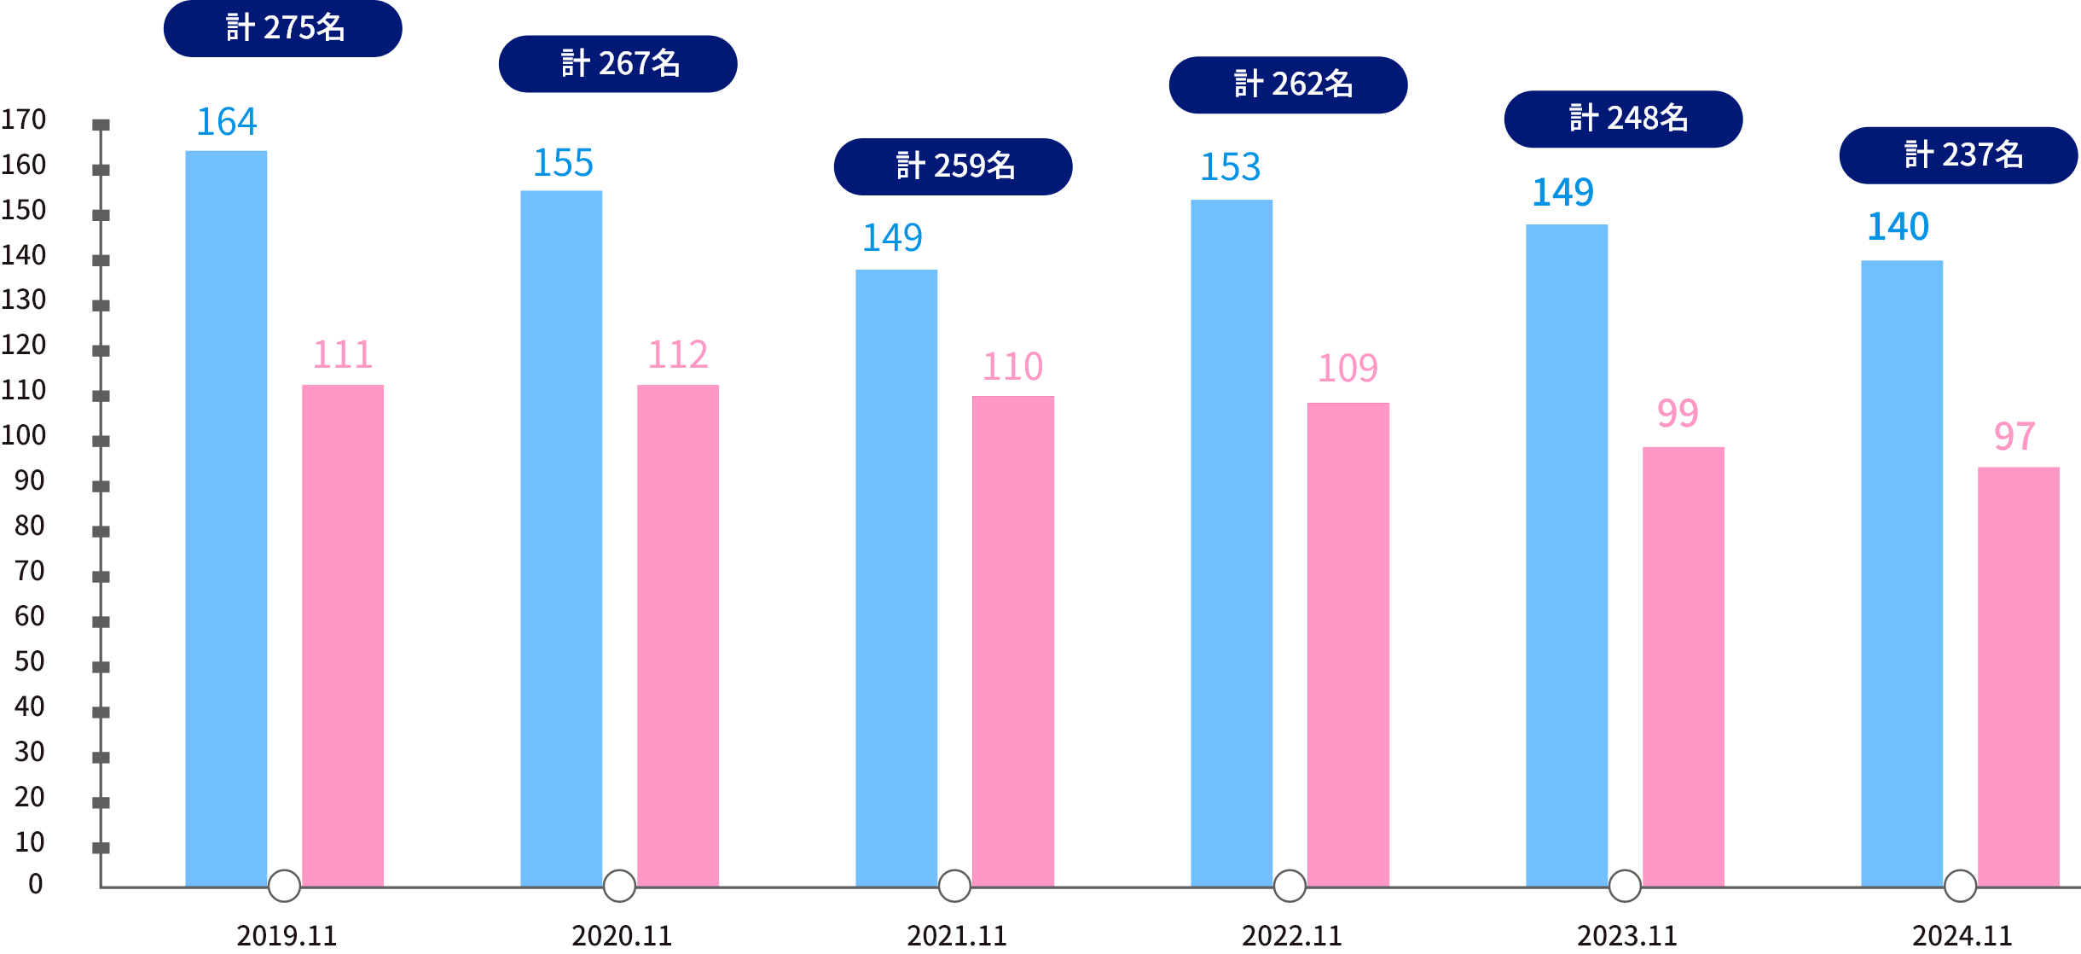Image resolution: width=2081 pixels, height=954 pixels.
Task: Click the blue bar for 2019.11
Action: point(226,518)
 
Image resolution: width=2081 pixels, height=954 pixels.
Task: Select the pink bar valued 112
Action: point(678,635)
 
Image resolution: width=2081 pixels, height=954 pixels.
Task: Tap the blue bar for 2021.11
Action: point(896,577)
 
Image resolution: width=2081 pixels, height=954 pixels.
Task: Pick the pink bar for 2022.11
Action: point(1348,644)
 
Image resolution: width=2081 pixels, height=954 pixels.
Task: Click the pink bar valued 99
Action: point(1684,666)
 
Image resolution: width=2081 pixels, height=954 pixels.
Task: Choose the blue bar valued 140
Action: point(1902,573)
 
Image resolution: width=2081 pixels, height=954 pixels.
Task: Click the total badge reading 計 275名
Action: point(283,28)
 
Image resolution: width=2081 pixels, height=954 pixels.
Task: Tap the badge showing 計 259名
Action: point(953,166)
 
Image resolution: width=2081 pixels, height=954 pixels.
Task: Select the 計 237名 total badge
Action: point(1958,155)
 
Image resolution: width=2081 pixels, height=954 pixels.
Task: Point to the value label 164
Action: point(227,122)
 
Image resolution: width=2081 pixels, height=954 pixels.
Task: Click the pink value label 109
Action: point(1348,369)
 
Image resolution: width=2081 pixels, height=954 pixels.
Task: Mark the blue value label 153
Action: point(1230,167)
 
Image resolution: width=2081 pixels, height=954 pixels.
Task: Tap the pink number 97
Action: point(2014,437)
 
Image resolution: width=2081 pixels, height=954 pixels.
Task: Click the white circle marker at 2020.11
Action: point(619,886)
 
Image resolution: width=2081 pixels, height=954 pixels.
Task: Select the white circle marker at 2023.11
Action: point(1625,886)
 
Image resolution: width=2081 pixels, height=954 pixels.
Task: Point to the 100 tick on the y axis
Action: point(24,436)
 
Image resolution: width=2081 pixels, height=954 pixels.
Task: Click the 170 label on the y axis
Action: point(24,119)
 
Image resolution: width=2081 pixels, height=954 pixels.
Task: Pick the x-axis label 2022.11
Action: point(1291,936)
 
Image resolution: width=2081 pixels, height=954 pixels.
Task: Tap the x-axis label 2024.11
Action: point(1962,936)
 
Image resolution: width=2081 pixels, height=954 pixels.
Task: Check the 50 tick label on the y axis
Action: point(30,662)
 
